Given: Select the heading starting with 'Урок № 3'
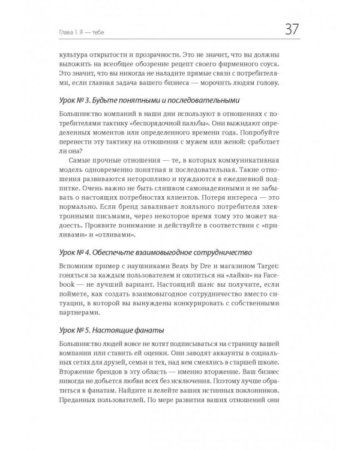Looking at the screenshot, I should click(153, 100).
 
